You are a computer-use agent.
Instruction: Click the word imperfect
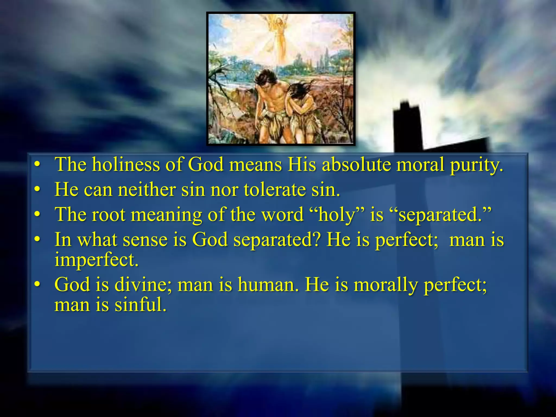tap(96, 260)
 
